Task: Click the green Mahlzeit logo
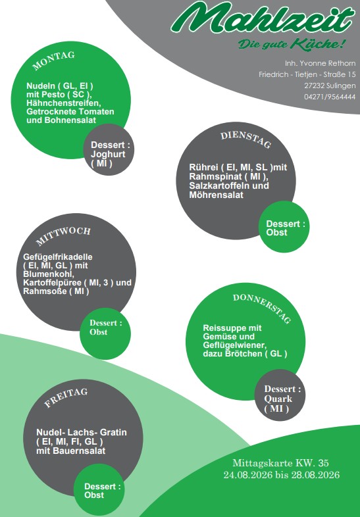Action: tap(263, 18)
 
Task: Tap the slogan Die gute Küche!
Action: tap(292, 44)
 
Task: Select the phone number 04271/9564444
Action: tap(330, 97)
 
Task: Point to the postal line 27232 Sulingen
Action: tap(330, 86)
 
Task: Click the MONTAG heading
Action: tap(53, 61)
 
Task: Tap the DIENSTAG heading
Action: tap(246, 140)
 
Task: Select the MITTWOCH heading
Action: tap(63, 235)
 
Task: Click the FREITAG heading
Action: tap(66, 397)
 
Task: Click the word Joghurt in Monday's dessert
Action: tap(108, 155)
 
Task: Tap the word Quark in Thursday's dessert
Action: tap(278, 399)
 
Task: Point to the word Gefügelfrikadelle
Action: tap(58, 257)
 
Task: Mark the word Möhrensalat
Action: tap(216, 195)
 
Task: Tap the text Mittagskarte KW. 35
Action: tap(281, 463)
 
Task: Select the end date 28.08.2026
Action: tap(315, 475)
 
